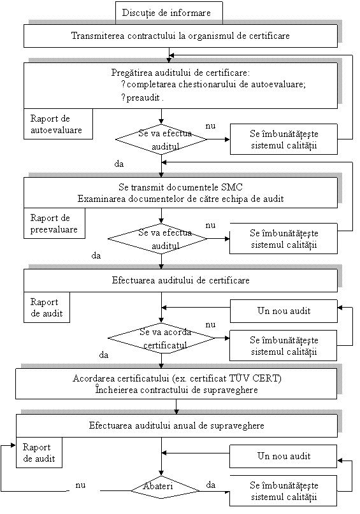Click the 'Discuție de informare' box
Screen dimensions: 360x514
point(169,13)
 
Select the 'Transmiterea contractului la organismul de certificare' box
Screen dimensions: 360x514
point(180,36)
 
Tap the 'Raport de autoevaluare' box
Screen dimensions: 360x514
point(58,124)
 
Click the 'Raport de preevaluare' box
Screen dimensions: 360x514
point(54,223)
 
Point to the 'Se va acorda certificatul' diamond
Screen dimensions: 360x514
point(161,338)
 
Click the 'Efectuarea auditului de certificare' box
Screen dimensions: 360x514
point(180,280)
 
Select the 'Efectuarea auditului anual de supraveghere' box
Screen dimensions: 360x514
point(176,425)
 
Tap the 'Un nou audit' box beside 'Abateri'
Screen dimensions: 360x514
point(283,456)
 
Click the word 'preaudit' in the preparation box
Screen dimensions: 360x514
point(143,97)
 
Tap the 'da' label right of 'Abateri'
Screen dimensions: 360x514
point(211,485)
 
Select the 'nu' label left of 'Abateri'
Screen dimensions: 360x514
point(80,485)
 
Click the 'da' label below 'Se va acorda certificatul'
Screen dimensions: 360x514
point(104,355)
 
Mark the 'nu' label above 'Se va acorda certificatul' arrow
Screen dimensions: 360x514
point(210,325)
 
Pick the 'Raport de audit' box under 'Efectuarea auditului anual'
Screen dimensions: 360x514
point(39,453)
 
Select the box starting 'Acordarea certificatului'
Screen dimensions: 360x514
point(176,384)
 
